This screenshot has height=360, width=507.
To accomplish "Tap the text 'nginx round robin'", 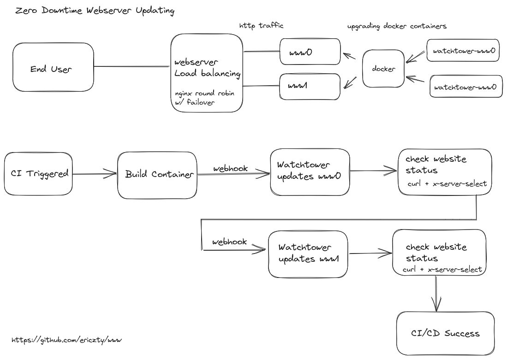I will tap(204, 94).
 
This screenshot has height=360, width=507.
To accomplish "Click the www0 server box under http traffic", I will tap(310, 52).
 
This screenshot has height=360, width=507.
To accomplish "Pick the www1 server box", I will tap(310, 86).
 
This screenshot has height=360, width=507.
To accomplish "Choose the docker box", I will tap(383, 69).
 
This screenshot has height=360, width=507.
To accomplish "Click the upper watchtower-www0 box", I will tap(464, 51).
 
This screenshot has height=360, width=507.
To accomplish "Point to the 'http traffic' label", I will tap(261, 26).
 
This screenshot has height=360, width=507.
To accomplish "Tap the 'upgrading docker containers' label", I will tap(397, 26).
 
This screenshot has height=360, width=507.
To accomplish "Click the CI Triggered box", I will tap(39, 174).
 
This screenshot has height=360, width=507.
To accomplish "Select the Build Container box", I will tap(157, 175).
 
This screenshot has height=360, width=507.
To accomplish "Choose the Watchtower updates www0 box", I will tap(309, 171).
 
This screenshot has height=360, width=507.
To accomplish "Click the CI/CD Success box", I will tap(445, 333).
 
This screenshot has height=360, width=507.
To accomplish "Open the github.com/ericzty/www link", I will tap(66, 340).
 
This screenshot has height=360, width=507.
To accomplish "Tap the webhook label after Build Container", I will tap(230, 169).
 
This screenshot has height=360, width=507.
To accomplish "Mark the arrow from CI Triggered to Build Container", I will tap(95, 174).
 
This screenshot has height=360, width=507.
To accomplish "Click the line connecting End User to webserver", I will tap(132, 67).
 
